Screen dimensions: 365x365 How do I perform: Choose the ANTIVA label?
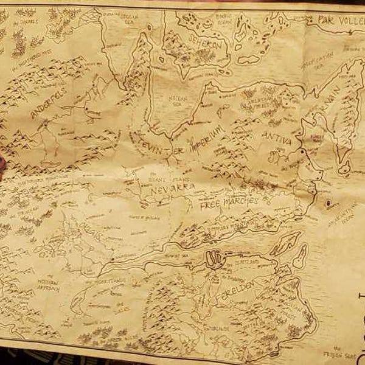(277, 139)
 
